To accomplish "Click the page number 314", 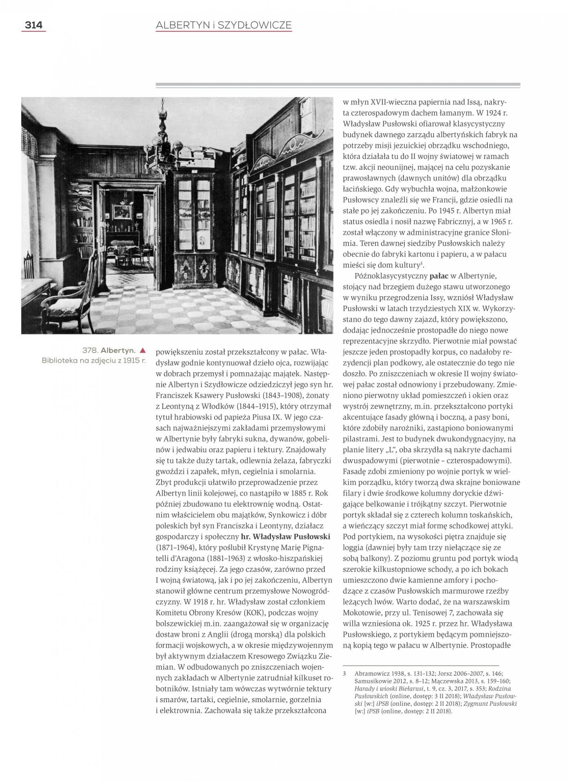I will coord(33,25).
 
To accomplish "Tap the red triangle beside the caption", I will coord(143,350).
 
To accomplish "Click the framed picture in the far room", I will coord(122,211).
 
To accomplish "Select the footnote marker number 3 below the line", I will coord(344,674).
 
